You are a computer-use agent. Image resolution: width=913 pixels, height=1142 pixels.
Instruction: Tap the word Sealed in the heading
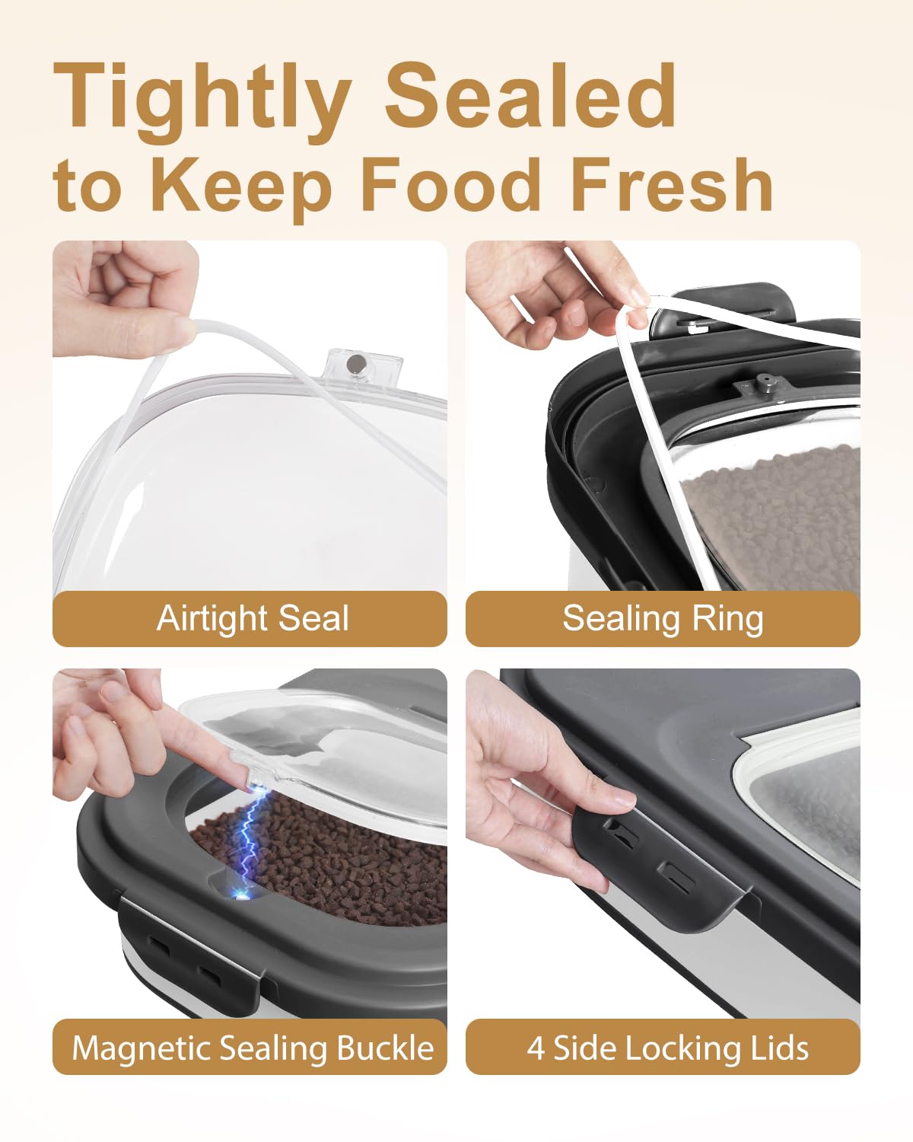coord(530,94)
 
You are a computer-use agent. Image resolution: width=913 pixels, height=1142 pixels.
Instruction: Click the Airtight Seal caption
coord(253,618)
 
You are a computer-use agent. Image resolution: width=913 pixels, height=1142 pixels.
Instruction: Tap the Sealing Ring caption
coord(663,619)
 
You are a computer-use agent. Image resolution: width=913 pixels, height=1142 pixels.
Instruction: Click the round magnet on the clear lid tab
coord(353,363)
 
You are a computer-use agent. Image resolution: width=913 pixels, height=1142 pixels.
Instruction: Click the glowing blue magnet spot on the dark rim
coord(242,897)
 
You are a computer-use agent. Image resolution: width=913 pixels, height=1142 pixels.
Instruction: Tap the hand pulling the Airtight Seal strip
coord(126,298)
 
